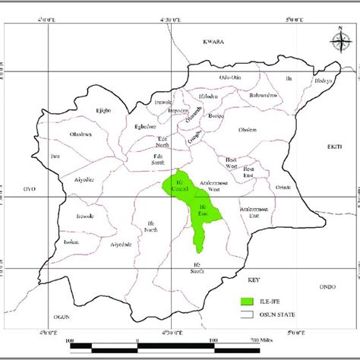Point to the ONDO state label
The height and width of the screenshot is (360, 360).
(x=327, y=286)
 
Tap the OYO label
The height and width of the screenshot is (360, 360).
(x=30, y=188)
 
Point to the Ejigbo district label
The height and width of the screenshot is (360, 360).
(x=103, y=111)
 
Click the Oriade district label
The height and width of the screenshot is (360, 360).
(x=283, y=187)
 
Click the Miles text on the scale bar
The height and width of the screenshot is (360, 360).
(x=264, y=339)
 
